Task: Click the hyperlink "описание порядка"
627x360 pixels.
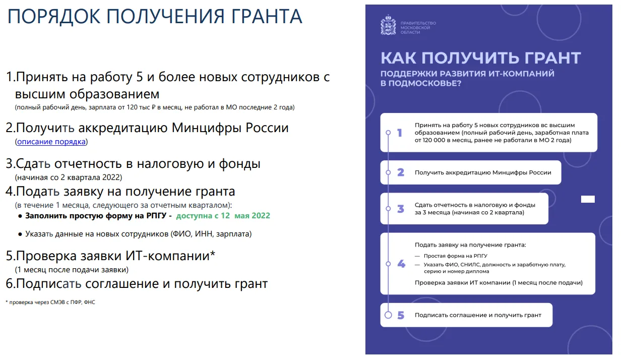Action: pyautogui.click(x=51, y=142)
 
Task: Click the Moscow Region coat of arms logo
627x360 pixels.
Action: pyautogui.click(x=388, y=25)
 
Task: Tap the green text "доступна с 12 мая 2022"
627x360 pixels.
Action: pyautogui.click(x=223, y=216)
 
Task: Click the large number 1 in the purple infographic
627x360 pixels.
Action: pyautogui.click(x=400, y=133)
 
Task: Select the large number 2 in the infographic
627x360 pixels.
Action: pyautogui.click(x=401, y=172)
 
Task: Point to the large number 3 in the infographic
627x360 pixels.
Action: pyautogui.click(x=401, y=209)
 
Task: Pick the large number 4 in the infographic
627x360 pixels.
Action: pyautogui.click(x=401, y=264)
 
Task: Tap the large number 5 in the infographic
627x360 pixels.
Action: pyautogui.click(x=401, y=315)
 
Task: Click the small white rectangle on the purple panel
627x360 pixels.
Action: pyautogui.click(x=588, y=199)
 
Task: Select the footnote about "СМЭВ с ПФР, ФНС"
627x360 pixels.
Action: pyautogui.click(x=50, y=303)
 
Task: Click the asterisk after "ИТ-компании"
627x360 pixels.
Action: pyautogui.click(x=213, y=253)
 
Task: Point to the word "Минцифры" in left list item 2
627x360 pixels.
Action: pyautogui.click(x=207, y=128)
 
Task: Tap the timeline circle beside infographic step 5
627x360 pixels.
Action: pyautogui.click(x=388, y=315)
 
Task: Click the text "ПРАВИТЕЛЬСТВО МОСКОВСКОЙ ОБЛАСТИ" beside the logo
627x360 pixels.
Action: pyautogui.click(x=418, y=28)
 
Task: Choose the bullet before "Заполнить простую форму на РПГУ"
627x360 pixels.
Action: pyautogui.click(x=20, y=216)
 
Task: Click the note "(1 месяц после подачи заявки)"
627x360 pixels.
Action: pyautogui.click(x=72, y=270)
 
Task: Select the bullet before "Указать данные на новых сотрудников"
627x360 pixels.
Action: pyautogui.click(x=20, y=234)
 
